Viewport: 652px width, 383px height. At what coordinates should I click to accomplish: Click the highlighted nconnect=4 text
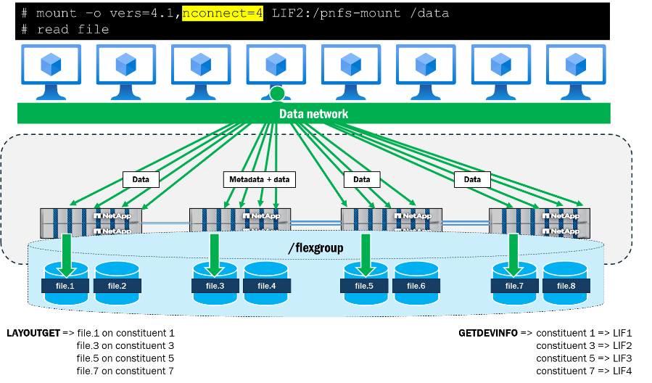pyautogui.click(x=223, y=13)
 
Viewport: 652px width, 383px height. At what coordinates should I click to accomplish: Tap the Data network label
pyautogui.click(x=313, y=114)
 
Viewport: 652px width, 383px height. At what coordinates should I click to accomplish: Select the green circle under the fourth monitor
pyautogui.click(x=277, y=94)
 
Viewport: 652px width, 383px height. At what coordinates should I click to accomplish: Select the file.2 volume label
pyautogui.click(x=117, y=286)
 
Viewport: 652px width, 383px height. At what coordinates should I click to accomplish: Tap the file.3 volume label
pyautogui.click(x=215, y=286)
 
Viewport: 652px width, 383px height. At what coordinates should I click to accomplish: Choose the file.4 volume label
pyautogui.click(x=266, y=286)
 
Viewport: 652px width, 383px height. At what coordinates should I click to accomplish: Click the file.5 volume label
pyautogui.click(x=364, y=286)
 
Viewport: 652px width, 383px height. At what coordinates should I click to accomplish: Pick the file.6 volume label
pyautogui.click(x=416, y=286)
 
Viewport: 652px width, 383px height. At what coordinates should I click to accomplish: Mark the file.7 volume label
pyautogui.click(x=514, y=286)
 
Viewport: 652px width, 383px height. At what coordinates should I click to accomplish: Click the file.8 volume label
pyautogui.click(x=566, y=286)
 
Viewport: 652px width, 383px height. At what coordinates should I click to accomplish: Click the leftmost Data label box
pyautogui.click(x=141, y=179)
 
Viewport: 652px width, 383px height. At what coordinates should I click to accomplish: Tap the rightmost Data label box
pyautogui.click(x=472, y=179)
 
